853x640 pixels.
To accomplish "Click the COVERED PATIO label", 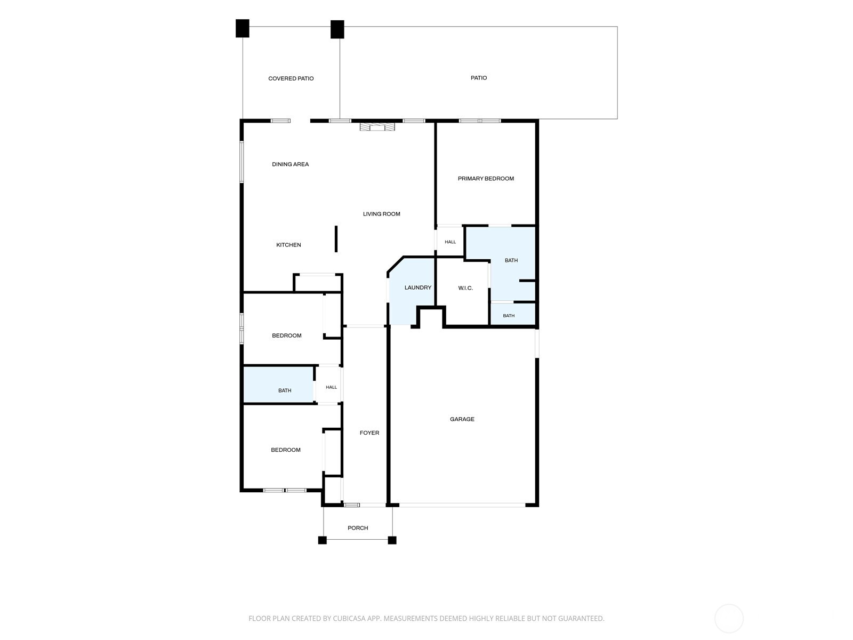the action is click(x=291, y=78).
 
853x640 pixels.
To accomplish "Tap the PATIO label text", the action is click(x=478, y=78).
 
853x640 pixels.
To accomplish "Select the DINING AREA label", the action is click(x=290, y=164).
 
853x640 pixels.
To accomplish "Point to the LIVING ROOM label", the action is click(x=381, y=214).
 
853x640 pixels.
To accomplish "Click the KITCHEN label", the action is click(x=288, y=245).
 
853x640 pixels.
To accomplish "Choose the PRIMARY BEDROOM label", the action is click(x=485, y=179).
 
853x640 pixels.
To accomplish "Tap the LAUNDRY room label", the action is click(x=418, y=287).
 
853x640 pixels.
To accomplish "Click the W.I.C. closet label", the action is click(x=465, y=288).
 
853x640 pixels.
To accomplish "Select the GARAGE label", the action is click(x=462, y=419).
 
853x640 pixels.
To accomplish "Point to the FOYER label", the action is click(x=369, y=433).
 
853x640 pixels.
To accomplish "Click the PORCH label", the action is click(x=358, y=528).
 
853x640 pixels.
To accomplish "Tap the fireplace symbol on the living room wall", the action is click(x=377, y=127).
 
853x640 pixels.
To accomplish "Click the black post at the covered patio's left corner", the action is click(x=242, y=28).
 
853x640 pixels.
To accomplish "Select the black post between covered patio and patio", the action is click(x=337, y=29).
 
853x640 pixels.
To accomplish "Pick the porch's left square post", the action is click(x=322, y=540).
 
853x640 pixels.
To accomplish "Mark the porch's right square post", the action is click(x=392, y=540).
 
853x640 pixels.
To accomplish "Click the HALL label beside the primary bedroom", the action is click(x=450, y=242).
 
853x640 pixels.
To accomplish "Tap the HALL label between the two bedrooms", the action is click(x=331, y=387).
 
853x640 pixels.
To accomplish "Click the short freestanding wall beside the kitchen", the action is click(x=336, y=239).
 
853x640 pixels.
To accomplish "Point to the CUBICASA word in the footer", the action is click(x=349, y=618).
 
